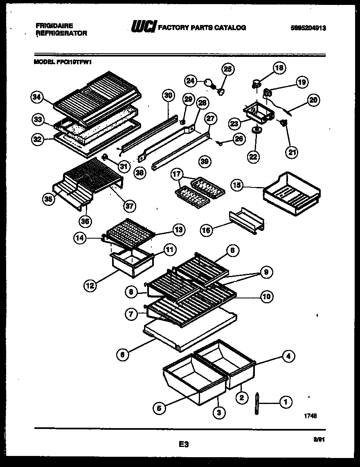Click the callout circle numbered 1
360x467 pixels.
point(285,402)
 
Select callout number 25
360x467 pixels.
point(228,69)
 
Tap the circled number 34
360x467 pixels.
point(37,97)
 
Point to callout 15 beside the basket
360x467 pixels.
point(236,185)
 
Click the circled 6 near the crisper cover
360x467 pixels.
point(122,355)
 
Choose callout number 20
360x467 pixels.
point(314,99)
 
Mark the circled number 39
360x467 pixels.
point(205,161)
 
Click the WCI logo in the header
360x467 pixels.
point(143,27)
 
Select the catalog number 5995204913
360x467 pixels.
point(309,28)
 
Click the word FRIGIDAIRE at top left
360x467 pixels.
point(52,25)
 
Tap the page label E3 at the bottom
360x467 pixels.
point(184,443)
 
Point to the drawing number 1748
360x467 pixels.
point(310,415)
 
